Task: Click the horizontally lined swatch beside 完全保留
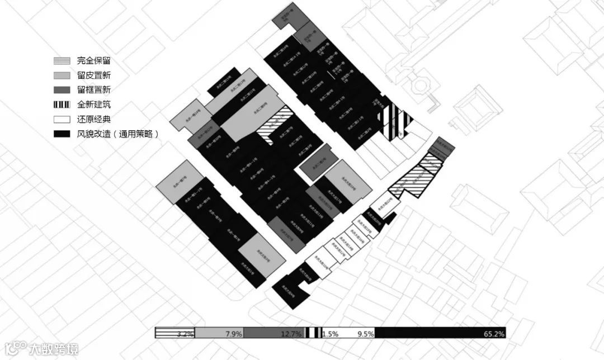coord(62,61)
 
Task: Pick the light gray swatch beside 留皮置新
coord(62,75)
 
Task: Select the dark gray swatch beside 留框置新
coord(62,90)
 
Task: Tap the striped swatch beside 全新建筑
coord(62,105)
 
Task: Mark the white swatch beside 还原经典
coord(62,119)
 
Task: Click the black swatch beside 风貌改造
coord(62,134)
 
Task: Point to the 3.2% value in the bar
coord(185,334)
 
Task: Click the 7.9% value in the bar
coord(233,334)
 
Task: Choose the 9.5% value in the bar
coord(365,334)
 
